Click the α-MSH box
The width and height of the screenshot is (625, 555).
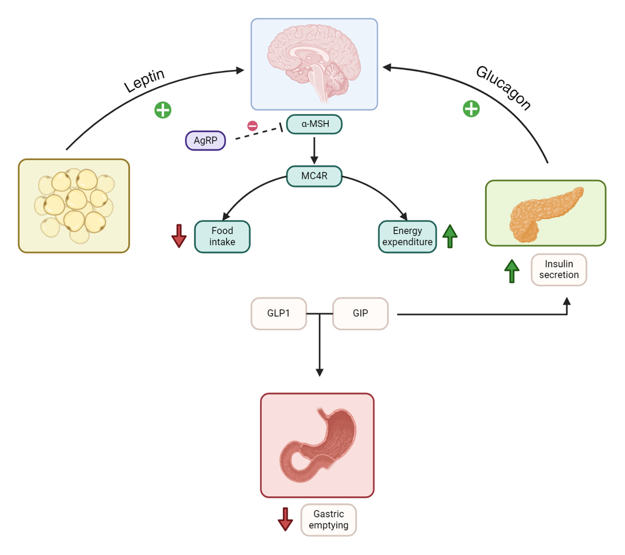click(x=314, y=124)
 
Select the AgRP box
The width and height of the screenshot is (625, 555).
click(x=205, y=141)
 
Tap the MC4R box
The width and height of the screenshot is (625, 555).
click(x=314, y=176)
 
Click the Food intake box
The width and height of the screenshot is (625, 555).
click(x=222, y=237)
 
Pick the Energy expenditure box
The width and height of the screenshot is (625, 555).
click(x=407, y=237)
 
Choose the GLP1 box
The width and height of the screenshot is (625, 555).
click(x=279, y=313)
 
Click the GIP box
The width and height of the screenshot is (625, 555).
click(x=360, y=313)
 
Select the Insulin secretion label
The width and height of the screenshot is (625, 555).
click(x=559, y=269)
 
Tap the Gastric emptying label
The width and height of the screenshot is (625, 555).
click(x=329, y=520)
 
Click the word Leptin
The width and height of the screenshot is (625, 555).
click(x=144, y=80)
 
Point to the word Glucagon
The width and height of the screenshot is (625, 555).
click(x=503, y=88)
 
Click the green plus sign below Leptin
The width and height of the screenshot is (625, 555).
click(x=163, y=110)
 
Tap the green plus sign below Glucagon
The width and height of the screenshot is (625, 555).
click(x=471, y=108)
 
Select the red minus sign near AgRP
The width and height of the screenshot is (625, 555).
click(x=253, y=126)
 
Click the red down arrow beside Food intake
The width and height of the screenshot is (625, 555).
click(x=179, y=236)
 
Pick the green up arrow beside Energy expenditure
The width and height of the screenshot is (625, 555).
click(x=450, y=236)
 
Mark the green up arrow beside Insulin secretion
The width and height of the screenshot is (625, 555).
click(x=512, y=271)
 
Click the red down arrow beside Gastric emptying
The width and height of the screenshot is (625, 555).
click(x=285, y=520)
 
